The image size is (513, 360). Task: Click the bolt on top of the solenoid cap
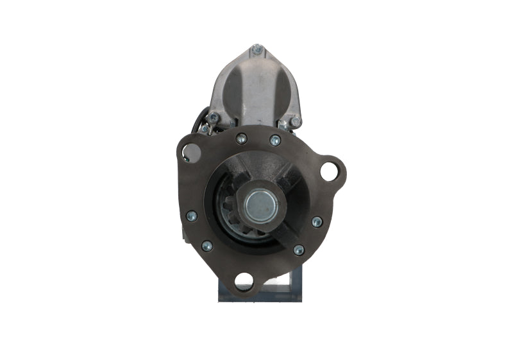click(257, 49)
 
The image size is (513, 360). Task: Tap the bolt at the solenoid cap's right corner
click(295, 121)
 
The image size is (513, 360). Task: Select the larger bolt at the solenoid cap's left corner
click(213, 118)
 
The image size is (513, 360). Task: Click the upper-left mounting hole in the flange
click(190, 153)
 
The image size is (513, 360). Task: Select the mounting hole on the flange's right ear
click(329, 171)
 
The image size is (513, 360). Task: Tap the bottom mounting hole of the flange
click(244, 280)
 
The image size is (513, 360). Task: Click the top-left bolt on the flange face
click(241, 139)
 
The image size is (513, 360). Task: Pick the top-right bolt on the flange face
click(275, 141)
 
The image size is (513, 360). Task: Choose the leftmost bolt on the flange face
click(191, 216)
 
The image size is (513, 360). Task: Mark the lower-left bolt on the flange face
click(207, 245)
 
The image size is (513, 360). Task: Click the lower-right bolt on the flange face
click(298, 250)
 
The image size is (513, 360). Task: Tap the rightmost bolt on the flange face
click(317, 221)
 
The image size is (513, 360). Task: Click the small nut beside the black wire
click(204, 128)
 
